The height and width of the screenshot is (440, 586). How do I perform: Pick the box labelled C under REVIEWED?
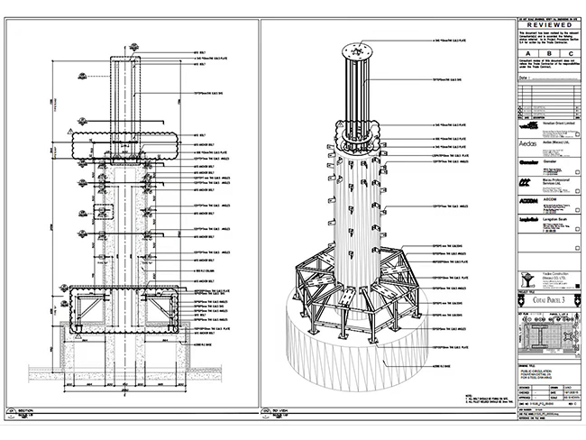point(565,54)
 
